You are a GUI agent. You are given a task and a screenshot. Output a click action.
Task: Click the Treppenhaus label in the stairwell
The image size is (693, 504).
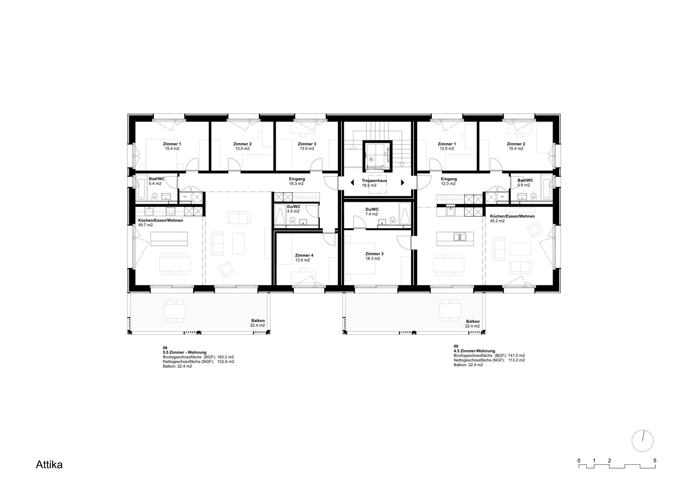pyautogui.click(x=374, y=181)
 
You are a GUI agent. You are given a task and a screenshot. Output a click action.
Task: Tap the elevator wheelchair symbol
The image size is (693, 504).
pyautogui.click(x=371, y=158)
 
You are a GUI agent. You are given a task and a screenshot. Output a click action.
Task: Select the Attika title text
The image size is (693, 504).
pyautogui.click(x=49, y=465)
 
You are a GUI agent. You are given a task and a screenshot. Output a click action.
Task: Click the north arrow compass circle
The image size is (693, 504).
pyautogui.click(x=642, y=441)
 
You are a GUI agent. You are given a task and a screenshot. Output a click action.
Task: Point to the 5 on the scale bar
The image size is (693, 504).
pyautogui.click(x=655, y=461)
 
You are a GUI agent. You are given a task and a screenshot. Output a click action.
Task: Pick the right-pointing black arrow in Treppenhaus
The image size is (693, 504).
pyautogui.click(x=403, y=182)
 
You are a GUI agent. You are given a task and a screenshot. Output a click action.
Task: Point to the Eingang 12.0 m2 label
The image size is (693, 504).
pyautogui.click(x=449, y=181)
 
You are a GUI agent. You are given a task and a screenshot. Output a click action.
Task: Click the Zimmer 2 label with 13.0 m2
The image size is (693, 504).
pyautogui.click(x=242, y=146)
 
